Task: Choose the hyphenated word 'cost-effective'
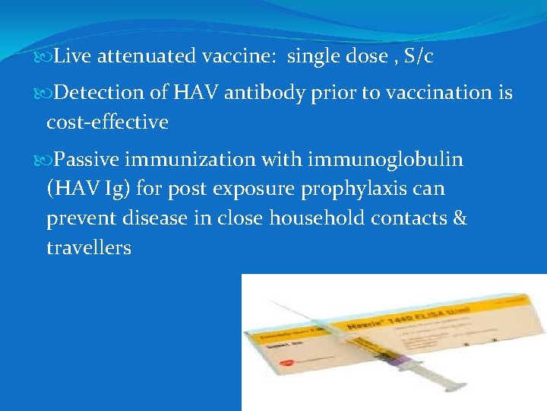coord(107,122)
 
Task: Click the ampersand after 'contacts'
coord(458,218)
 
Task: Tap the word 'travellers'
coord(88,247)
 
